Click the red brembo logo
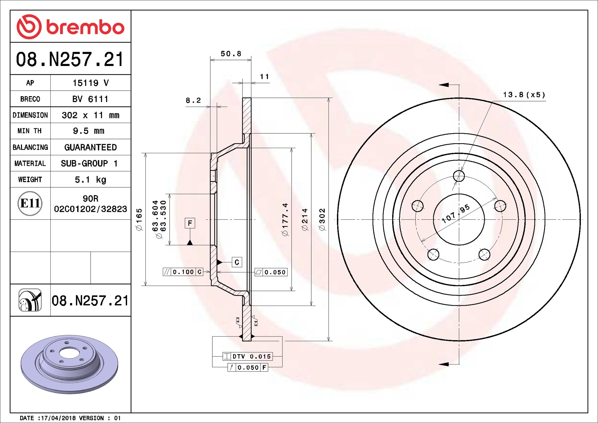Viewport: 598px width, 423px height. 70,27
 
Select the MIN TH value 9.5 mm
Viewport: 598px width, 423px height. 88,131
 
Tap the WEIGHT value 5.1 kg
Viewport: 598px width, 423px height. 90,180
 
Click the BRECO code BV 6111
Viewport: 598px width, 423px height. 90,99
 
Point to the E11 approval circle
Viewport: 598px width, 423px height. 30,203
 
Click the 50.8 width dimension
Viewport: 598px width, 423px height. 231,54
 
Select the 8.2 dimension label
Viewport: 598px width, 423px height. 193,100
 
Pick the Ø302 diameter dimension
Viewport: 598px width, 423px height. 322,219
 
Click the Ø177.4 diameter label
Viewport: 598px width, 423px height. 285,219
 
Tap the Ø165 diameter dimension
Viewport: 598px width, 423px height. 139,219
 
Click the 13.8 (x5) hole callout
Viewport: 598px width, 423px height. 524,95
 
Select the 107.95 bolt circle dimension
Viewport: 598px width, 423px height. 456,214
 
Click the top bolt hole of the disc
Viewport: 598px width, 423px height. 459,176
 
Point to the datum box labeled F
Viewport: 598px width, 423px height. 190,223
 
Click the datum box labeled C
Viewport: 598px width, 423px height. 237,262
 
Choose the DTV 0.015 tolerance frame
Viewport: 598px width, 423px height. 248,356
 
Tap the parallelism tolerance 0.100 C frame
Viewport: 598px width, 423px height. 183,272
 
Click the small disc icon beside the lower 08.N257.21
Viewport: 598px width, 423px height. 30,300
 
